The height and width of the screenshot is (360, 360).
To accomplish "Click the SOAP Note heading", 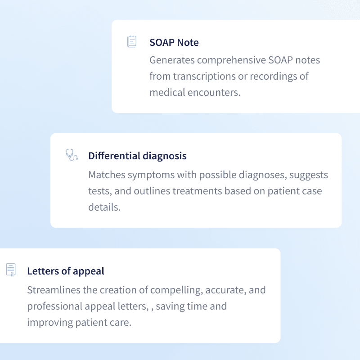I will coord(174,43).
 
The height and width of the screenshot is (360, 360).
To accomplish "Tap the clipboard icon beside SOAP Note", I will coord(131,42).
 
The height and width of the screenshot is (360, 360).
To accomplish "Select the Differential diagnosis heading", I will coord(137,156).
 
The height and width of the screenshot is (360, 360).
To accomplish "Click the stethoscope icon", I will coord(71,155).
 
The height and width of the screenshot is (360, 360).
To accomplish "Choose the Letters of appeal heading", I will coord(66,271).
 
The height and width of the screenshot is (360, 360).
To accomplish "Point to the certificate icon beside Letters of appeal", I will coord(11,270).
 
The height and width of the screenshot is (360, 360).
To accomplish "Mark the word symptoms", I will coord(157,175).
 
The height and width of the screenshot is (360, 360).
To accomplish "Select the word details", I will coord(104,207).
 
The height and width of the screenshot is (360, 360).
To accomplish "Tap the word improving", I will coord(48,323).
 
